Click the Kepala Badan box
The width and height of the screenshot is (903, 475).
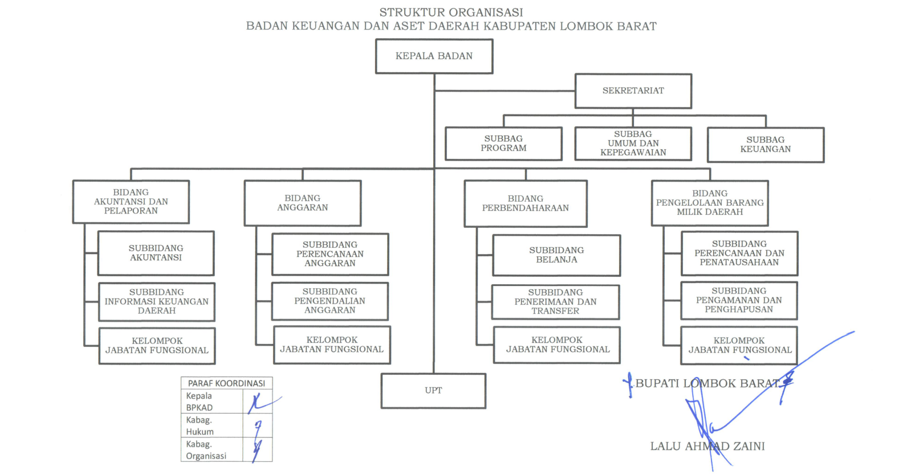434,56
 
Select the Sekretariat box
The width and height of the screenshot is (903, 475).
633,91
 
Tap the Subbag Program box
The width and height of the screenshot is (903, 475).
503,144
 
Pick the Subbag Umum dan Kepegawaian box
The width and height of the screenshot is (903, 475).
633,144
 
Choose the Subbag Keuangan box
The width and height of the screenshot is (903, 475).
765,145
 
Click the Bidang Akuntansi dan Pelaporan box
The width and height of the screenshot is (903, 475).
131,202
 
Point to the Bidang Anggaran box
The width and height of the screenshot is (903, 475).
302,203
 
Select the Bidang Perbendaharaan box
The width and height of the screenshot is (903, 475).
525,203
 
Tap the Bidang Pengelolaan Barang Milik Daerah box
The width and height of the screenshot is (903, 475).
710,203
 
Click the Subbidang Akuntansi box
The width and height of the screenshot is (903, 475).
156,253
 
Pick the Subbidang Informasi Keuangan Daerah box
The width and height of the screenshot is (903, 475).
156,301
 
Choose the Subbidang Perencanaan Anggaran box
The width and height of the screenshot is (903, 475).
330,254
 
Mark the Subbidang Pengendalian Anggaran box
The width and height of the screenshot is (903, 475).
330,301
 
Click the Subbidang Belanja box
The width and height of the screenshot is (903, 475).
556,255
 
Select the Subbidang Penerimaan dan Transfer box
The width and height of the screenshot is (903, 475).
555,302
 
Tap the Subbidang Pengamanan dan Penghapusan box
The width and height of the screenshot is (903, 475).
739,300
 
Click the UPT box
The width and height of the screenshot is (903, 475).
433,391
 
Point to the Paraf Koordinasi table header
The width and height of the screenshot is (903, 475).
226,383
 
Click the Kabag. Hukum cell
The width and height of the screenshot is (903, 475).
211,425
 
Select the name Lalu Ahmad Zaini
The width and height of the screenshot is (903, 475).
707,447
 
